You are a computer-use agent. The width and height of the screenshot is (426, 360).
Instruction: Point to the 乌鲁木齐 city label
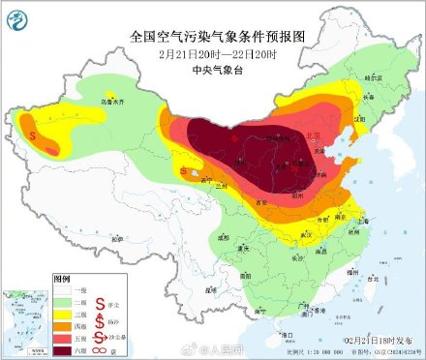click(x=114, y=100)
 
